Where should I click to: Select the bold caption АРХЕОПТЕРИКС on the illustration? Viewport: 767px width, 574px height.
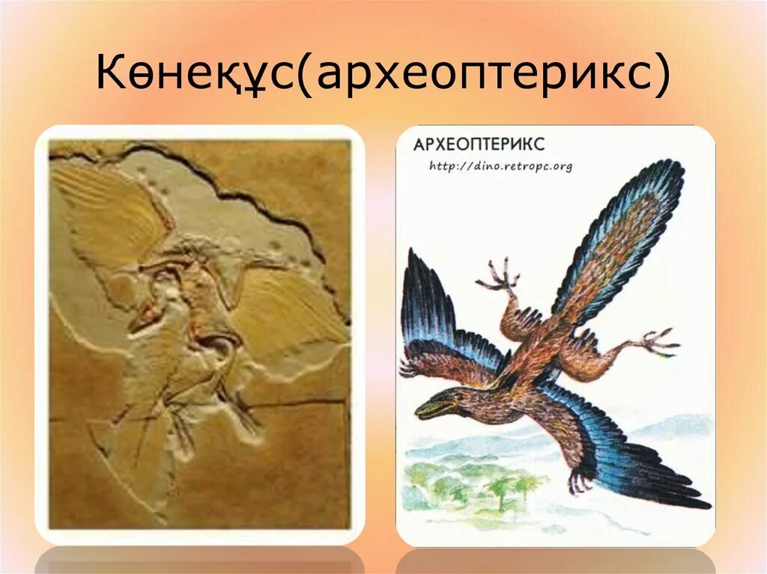[479, 144]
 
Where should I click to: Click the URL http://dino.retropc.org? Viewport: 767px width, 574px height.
[500, 166]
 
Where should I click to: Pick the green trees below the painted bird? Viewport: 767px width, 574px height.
[487, 486]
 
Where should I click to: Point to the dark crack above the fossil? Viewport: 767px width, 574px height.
[225, 180]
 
